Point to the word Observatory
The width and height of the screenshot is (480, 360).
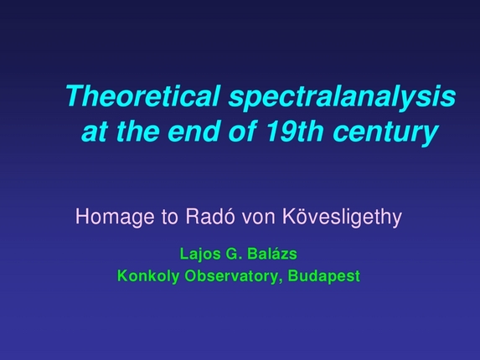[230, 274]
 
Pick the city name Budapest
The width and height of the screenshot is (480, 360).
[324, 274]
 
